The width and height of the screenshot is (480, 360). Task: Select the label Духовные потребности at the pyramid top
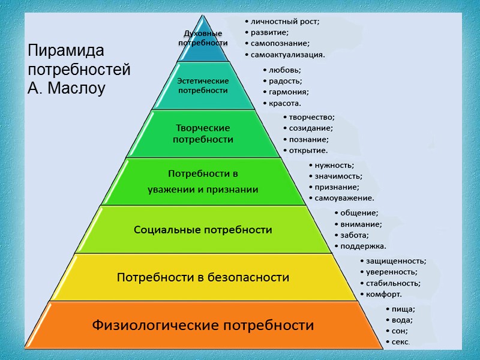[203, 38]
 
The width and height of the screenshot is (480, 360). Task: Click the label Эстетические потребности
[203, 85]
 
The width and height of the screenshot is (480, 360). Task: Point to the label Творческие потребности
[203, 133]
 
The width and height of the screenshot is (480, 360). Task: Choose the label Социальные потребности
[203, 230]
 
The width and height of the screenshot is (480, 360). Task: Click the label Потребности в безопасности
[203, 278]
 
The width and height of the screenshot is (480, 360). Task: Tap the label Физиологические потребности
[203, 326]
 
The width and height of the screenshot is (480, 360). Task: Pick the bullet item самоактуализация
[287, 55]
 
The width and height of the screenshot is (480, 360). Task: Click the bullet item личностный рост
[285, 22]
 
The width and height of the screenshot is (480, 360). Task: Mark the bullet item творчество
[311, 117]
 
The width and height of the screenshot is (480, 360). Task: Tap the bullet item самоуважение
[344, 198]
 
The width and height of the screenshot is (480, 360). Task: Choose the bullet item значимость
[338, 176]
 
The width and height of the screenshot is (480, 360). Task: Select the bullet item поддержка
[363, 246]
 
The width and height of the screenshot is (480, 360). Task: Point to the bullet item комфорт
[383, 294]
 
